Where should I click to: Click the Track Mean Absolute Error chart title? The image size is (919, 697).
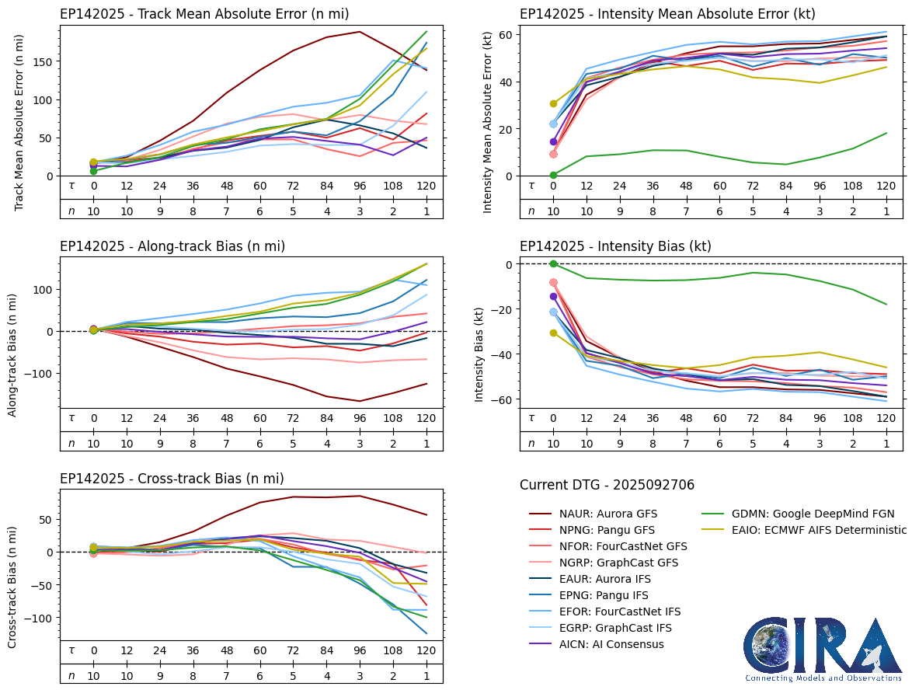click(204, 14)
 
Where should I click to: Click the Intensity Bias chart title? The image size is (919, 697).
click(615, 246)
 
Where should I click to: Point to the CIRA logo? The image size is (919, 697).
click(823, 649)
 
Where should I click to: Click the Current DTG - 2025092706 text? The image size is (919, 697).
click(607, 485)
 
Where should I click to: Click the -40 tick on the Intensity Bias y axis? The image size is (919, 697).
click(500, 354)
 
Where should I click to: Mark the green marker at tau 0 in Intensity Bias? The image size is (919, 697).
click(553, 264)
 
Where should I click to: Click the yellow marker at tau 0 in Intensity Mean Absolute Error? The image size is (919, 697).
click(553, 103)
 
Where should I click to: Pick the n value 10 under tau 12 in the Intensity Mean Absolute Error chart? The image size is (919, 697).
click(587, 211)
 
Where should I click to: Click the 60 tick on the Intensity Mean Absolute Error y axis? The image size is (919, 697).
click(503, 34)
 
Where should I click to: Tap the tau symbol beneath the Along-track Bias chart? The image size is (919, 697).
click(71, 420)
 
